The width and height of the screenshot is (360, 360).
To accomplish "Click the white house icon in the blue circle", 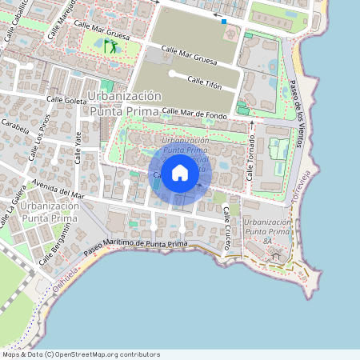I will coord(180,173).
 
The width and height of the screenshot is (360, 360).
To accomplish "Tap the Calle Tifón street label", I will coord(205,82).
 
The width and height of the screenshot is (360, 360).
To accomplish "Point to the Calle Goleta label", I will coord(66,100).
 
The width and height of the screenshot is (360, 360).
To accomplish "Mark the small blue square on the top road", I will coord(224,22).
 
